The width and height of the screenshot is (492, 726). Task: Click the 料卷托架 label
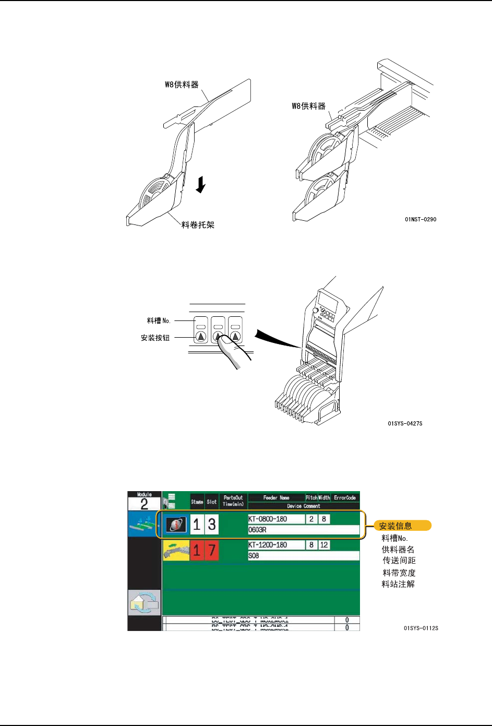tap(198, 225)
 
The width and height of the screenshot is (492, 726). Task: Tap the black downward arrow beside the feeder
tap(201, 184)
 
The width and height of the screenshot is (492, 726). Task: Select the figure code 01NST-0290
tap(421, 219)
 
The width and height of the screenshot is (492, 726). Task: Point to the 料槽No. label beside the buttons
tap(159, 320)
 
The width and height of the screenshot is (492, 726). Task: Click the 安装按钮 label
tap(155, 338)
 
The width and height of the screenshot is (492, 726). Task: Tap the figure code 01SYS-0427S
tap(405, 423)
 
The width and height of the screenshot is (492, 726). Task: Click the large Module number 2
tap(144, 504)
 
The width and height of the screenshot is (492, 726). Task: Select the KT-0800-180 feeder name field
tap(276, 519)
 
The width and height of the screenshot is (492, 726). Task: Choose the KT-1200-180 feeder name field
tap(276, 545)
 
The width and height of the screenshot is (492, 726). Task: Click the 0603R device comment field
tap(303, 530)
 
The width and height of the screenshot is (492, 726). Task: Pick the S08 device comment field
tap(303, 556)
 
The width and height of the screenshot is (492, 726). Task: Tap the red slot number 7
tap(211, 550)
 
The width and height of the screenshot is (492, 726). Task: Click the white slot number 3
tap(211, 525)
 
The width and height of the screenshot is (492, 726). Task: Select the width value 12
tap(324, 545)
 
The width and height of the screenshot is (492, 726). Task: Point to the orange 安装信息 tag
tap(402, 526)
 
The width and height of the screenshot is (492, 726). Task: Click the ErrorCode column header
tap(345, 497)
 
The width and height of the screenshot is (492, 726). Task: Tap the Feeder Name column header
tap(276, 497)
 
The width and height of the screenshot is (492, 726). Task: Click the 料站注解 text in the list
tap(398, 584)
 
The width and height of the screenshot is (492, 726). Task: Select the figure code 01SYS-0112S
tap(421, 628)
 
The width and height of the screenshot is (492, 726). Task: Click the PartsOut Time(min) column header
tap(233, 501)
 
